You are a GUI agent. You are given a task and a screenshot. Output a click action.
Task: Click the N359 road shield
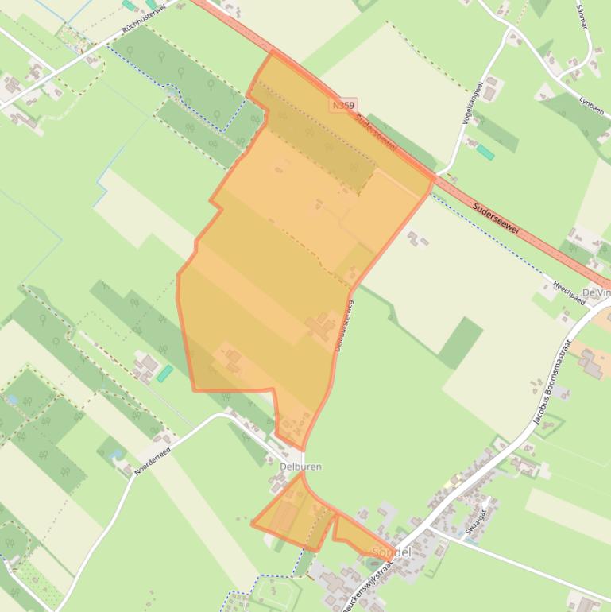click(344, 105)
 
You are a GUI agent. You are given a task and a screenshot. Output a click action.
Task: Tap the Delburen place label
click(300, 467)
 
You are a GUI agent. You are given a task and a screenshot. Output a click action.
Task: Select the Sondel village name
click(391, 552)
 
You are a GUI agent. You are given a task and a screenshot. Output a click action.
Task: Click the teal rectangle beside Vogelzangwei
click(485, 152)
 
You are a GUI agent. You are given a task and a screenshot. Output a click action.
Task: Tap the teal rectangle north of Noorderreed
click(164, 373)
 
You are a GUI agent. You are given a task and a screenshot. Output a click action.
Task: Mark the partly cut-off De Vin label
click(596, 293)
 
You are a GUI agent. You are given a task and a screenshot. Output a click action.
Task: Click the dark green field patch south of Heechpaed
click(461, 343)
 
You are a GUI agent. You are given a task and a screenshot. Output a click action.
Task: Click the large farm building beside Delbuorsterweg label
click(322, 327)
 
